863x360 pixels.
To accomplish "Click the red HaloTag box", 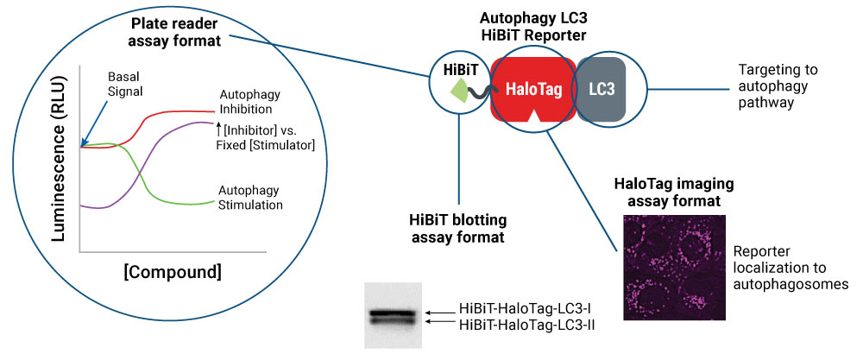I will (533, 88).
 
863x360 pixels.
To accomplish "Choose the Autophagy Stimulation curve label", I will (249, 197).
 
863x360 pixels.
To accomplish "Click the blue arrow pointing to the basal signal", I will (98, 122).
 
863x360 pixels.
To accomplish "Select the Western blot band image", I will (393, 315).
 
